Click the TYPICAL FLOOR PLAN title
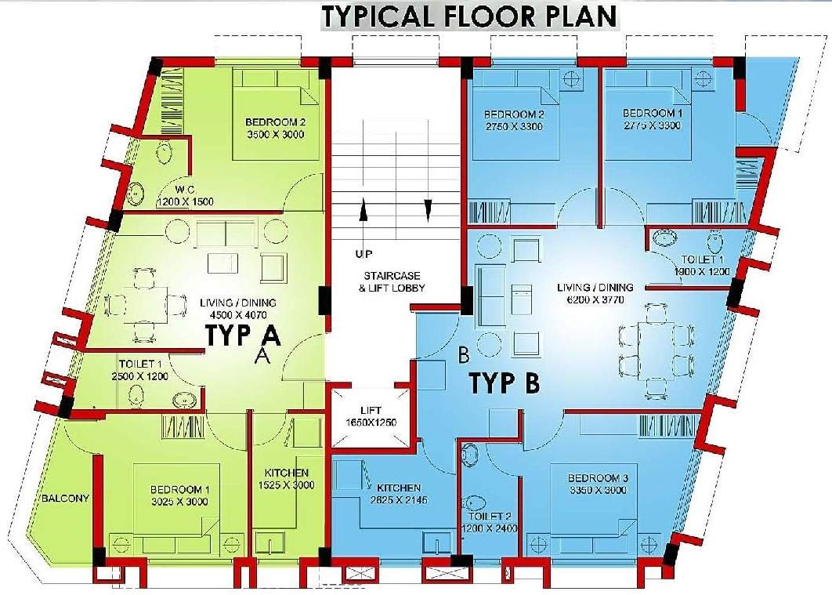pos(469,16)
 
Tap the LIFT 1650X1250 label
pos(370,416)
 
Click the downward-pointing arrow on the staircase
pos(428,211)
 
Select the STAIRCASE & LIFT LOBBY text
pos(393,282)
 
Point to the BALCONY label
pos(64,498)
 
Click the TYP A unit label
pos(243,335)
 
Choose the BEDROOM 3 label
pos(599,484)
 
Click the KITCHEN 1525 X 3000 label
pos(286,479)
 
